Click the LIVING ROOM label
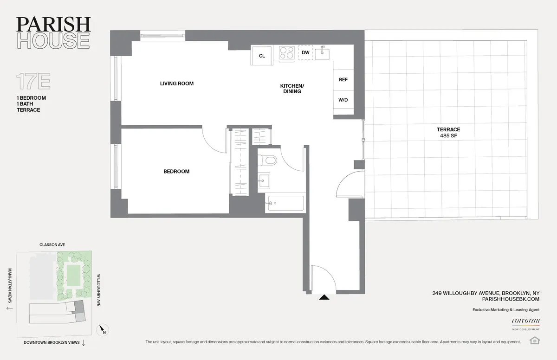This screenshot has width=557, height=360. tap(176, 84)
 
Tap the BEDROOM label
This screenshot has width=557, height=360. tap(176, 172)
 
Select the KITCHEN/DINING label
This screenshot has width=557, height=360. tap(292, 89)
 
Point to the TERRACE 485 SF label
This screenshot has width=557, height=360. tap(448, 133)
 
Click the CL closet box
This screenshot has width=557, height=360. tap(262, 56)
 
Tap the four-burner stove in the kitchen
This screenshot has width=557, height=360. tap(286, 53)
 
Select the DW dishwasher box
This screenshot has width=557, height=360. tap(305, 53)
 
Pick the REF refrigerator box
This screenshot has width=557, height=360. tap(343, 80)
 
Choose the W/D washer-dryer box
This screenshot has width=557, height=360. tap(343, 100)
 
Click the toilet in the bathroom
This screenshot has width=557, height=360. tap(267, 160)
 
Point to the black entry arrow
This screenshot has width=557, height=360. tap(324, 297)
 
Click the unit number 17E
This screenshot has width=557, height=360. tap(33, 81)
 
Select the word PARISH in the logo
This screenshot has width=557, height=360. tap(53, 24)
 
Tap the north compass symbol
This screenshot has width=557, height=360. tap(102, 330)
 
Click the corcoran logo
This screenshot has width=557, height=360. tap(523, 321)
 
